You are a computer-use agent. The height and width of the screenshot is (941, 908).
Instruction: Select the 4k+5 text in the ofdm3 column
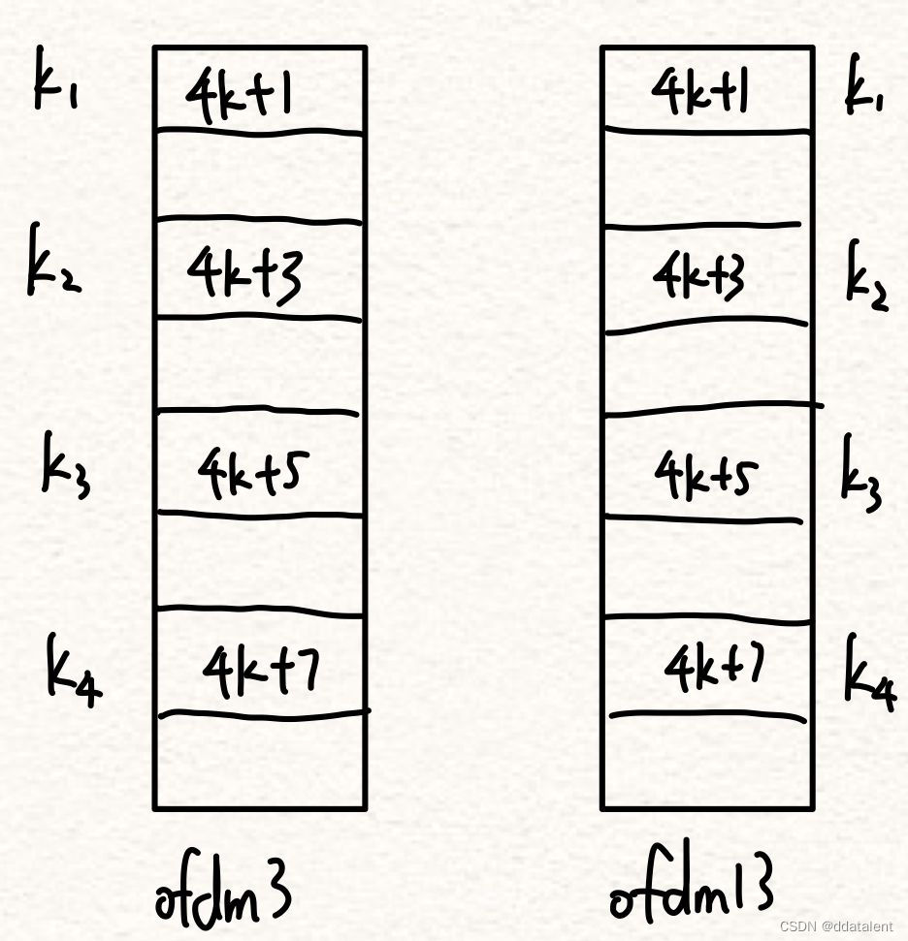(x=254, y=472)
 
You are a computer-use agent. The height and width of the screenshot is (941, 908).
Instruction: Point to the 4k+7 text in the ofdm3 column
(x=260, y=671)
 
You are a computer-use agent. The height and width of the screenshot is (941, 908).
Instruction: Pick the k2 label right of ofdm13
(x=866, y=276)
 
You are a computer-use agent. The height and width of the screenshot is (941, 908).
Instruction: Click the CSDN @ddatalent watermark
(x=837, y=926)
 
